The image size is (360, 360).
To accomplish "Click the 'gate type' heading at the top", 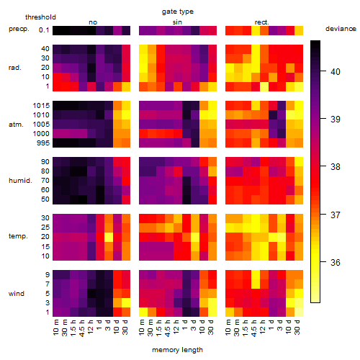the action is (x=178, y=12).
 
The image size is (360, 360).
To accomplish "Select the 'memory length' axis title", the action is (x=177, y=350).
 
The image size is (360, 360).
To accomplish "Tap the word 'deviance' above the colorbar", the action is (x=341, y=29).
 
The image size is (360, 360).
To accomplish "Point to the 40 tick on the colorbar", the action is (x=323, y=71).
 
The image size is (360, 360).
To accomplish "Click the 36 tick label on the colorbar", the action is (x=336, y=262).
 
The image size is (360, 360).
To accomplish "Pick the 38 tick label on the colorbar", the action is (x=336, y=166).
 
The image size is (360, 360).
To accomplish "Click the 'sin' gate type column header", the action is (x=177, y=22).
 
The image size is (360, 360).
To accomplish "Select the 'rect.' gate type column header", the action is (x=262, y=22).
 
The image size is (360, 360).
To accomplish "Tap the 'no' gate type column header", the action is (x=93, y=22).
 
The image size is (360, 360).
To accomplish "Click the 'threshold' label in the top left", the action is (x=40, y=17).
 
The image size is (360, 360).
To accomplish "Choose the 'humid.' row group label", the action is (x=20, y=181).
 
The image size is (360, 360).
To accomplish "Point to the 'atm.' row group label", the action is (x=16, y=125).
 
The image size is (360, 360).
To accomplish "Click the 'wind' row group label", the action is (x=17, y=294).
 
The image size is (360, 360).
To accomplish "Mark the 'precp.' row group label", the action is (x=19, y=29).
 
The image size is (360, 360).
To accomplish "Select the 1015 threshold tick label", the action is (x=41, y=106).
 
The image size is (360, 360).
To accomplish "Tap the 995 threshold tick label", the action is (x=43, y=143).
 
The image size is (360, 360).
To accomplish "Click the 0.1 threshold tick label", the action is (x=44, y=30).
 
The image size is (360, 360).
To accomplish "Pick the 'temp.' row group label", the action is (x=18, y=236).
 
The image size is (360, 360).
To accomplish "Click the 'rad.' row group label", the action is (x=15, y=68).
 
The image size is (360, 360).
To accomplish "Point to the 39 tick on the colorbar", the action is (x=323, y=119).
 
